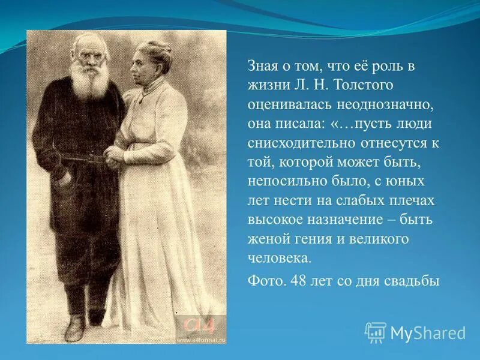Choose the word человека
coord(280,258)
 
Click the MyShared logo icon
coord(376,332)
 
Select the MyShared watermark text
coord(428,332)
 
